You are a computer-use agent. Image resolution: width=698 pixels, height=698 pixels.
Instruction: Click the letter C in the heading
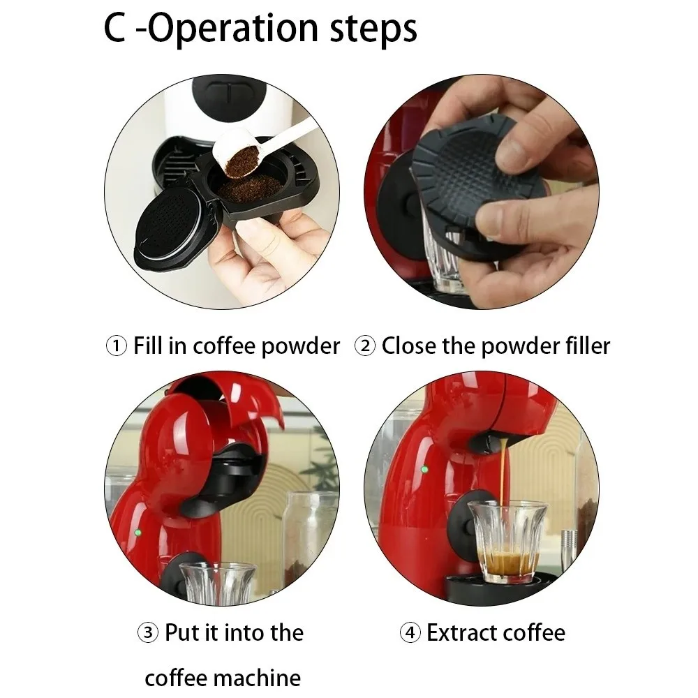(x=115, y=29)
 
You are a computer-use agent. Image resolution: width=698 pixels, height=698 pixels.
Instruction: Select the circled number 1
(x=116, y=346)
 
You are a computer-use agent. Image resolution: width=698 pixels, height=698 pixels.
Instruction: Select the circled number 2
(x=364, y=346)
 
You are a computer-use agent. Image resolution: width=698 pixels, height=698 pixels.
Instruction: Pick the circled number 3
(x=147, y=633)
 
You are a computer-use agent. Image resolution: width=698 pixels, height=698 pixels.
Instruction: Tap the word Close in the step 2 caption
(x=412, y=346)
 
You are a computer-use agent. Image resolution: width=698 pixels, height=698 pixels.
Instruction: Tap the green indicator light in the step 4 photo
(x=424, y=469)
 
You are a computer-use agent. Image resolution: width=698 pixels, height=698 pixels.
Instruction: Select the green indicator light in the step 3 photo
(x=138, y=533)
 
